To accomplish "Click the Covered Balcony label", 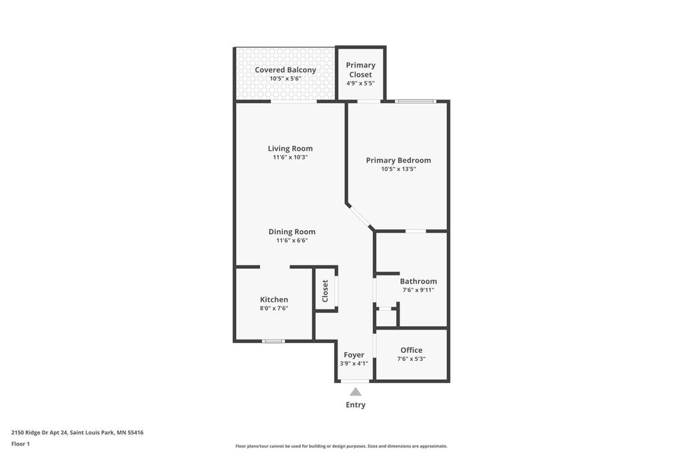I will coord(285,70).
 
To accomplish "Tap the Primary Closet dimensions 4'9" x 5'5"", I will coord(360,83).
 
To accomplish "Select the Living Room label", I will coord(290,149).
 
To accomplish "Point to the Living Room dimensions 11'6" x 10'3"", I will coord(290,157).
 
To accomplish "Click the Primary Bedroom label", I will coord(398,160).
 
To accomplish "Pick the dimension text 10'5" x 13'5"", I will coord(398,169).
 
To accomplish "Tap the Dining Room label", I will coord(291,232).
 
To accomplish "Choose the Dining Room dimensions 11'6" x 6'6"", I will coord(291,241).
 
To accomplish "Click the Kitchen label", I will coord(274,300).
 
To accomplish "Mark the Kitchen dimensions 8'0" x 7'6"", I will coord(274,308).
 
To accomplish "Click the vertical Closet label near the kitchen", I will coord(325,291).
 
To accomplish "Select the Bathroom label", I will coord(418,282).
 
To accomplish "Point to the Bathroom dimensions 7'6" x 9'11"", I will coord(418,290).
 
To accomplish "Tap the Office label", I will coord(411,350).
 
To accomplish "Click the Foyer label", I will coord(354,355).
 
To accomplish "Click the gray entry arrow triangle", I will coord(356,392).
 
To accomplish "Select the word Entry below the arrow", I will coord(356,405).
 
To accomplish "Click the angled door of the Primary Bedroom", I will coord(361,217).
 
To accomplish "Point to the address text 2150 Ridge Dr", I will coord(40,432).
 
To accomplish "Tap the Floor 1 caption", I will coord(21,444).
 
